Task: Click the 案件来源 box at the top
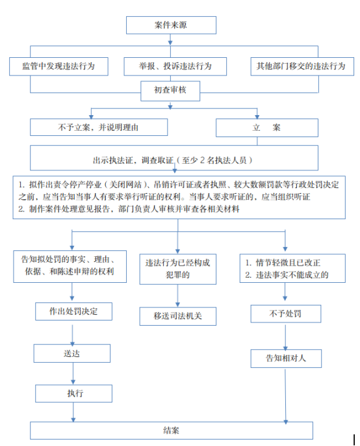[x=171, y=25]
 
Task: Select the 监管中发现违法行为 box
[x=58, y=66]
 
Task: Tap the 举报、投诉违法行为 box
[x=175, y=66]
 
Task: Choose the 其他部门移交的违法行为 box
[x=302, y=66]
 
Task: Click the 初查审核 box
[x=170, y=91]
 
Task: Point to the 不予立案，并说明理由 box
[x=99, y=127]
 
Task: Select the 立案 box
[x=266, y=127]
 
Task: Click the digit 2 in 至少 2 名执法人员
[x=202, y=160]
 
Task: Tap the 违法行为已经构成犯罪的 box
[x=177, y=269]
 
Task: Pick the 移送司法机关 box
[x=177, y=316]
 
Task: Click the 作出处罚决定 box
[x=73, y=311]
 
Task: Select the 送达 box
[x=72, y=353]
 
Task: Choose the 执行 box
[x=73, y=393]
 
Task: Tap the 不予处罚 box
[x=285, y=313]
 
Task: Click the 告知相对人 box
[x=286, y=358]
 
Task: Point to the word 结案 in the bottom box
[x=171, y=430]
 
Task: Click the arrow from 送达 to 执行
[x=73, y=373]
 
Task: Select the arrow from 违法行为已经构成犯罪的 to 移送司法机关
[x=177, y=296]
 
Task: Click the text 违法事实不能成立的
[x=292, y=275]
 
